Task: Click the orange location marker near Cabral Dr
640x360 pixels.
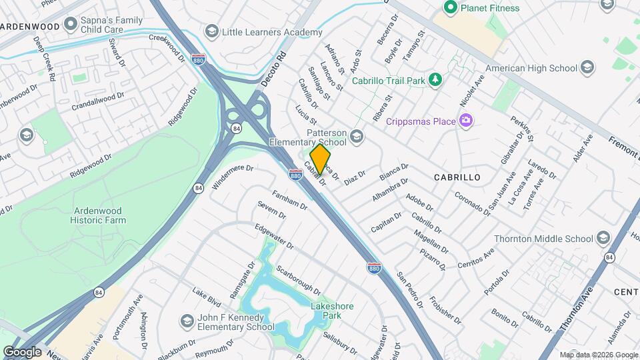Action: tap(320, 159)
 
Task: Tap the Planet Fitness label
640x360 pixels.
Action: tap(487, 8)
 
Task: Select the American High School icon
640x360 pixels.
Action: tap(587, 68)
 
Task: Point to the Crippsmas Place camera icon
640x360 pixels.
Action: tap(466, 121)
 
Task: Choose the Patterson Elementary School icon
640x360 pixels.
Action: tap(357, 137)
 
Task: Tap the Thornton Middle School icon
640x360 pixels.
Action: tap(603, 239)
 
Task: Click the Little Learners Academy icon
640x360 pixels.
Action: tap(211, 32)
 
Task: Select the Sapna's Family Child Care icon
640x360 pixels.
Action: tap(71, 25)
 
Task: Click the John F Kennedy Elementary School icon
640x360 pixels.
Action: tap(186, 321)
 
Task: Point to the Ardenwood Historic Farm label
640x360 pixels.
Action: tap(100, 215)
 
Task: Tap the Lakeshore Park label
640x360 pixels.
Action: tap(331, 310)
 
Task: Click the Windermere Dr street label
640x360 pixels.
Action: tap(233, 178)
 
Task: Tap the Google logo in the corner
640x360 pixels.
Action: tap(22, 351)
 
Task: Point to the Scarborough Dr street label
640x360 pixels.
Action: tap(298, 279)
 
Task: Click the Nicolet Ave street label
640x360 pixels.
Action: tap(472, 95)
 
